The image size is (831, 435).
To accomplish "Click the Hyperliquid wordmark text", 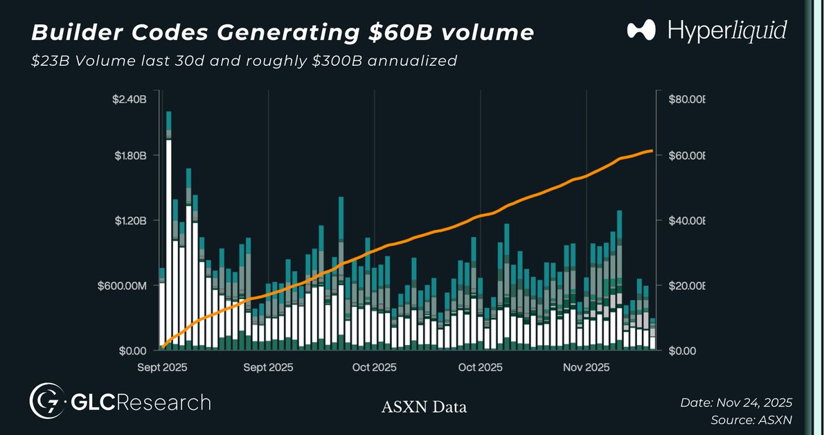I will (x=727, y=30).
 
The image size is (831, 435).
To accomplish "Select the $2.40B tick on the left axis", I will (x=129, y=99).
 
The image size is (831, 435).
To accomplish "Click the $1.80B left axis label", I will (x=129, y=155).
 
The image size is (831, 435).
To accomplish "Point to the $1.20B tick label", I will (x=129, y=220).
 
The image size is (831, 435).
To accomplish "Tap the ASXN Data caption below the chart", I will (x=424, y=407).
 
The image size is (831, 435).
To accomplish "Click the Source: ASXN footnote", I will (x=751, y=420).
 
